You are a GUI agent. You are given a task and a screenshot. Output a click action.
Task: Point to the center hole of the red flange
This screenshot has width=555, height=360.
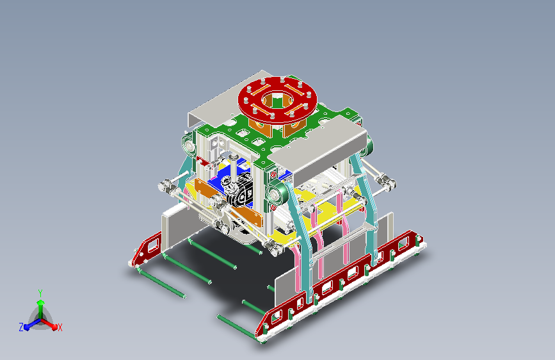[278, 99]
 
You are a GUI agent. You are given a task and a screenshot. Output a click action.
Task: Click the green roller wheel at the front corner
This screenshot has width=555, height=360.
[276, 194]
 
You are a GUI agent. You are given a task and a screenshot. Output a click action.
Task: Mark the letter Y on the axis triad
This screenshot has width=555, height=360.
[40, 293]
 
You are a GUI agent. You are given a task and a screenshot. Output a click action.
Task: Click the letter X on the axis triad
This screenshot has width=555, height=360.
[60, 327]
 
